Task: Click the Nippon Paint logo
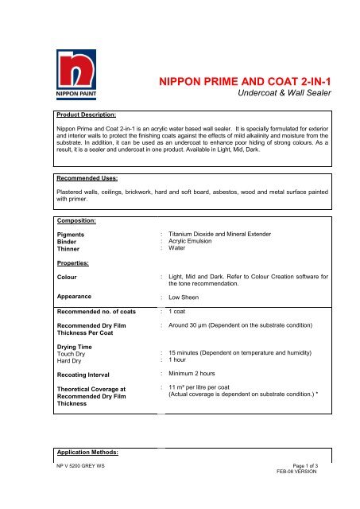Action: (77, 73)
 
